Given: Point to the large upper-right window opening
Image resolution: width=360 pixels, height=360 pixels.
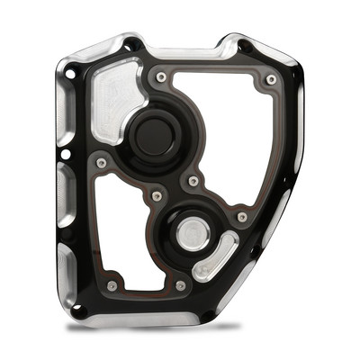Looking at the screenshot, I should (225, 135).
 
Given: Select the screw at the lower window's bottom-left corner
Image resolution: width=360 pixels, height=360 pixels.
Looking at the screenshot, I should (112, 286).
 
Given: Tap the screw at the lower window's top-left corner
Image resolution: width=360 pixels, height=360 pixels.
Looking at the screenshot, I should (101, 163).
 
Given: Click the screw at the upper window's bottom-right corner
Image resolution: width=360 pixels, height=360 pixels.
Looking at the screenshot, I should (241, 217).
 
